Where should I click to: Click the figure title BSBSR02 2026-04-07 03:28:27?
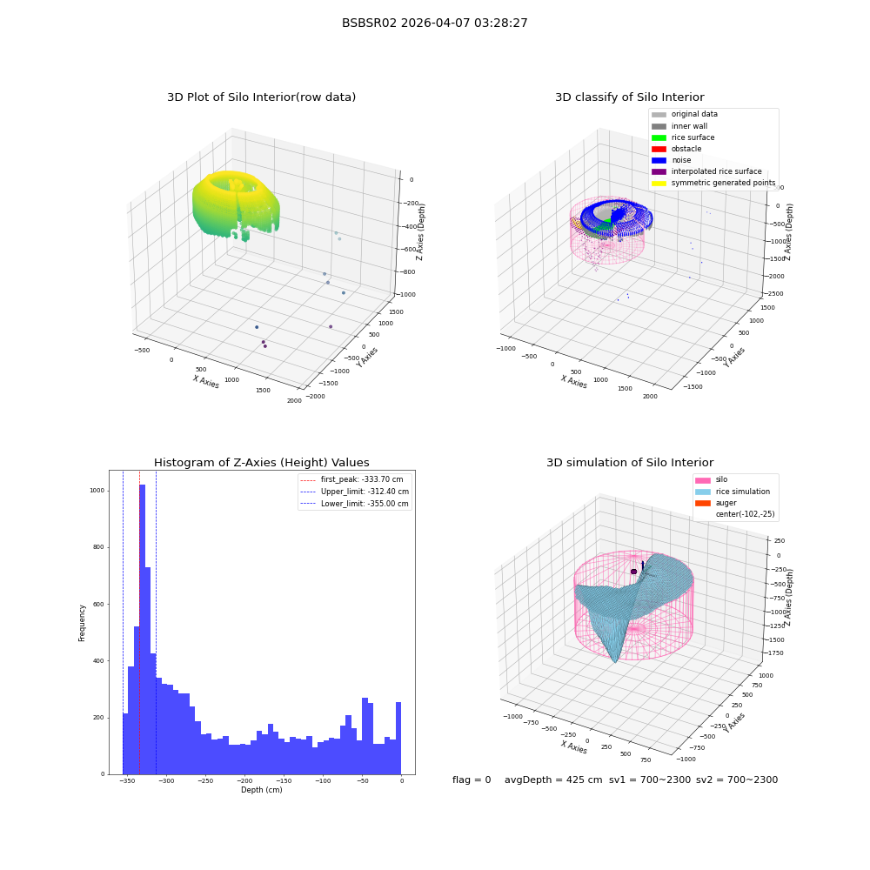(x=434, y=23)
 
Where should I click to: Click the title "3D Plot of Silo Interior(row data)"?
(x=261, y=97)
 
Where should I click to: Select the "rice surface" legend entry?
(x=682, y=137)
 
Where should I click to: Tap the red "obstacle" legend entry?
(x=676, y=149)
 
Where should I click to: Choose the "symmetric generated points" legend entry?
(x=713, y=183)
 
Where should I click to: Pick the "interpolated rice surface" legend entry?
(x=706, y=171)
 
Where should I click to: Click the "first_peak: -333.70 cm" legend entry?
(x=351, y=479)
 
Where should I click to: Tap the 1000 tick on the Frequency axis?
(x=97, y=491)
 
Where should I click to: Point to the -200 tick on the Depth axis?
(x=244, y=780)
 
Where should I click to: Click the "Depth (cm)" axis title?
(x=261, y=790)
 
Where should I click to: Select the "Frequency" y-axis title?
(x=82, y=623)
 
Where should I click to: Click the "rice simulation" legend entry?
(x=733, y=492)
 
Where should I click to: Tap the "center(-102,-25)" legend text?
(x=746, y=514)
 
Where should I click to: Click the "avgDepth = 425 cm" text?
(x=553, y=780)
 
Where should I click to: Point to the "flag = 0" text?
(x=472, y=780)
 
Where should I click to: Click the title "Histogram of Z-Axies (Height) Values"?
(x=261, y=463)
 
